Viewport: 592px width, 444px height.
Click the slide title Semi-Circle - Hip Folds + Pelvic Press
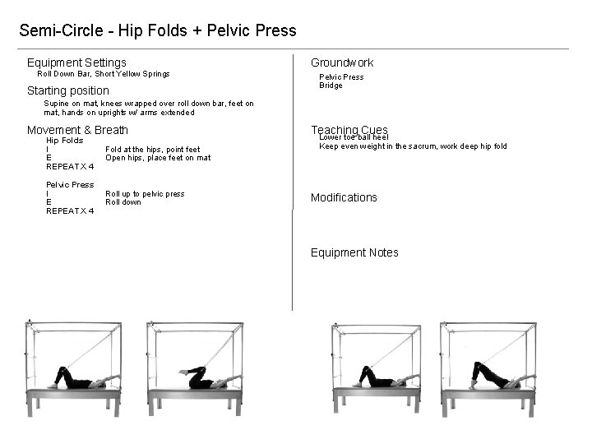click(157, 31)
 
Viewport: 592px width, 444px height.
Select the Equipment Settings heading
click(76, 62)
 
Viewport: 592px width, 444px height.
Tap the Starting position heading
click(67, 90)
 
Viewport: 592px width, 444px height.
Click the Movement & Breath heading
click(77, 130)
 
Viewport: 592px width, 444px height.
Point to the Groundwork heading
click(341, 62)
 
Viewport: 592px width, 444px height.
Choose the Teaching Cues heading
click(349, 129)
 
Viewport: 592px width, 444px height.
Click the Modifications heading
click(344, 197)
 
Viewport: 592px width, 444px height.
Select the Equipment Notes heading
click(354, 252)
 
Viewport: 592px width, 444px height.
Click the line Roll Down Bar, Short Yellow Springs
click(104, 74)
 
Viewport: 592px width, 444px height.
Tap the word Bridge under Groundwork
click(331, 86)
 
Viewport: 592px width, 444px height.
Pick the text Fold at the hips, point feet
click(152, 150)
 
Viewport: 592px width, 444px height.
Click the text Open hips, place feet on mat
click(158, 158)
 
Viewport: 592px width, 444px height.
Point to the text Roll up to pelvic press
click(145, 194)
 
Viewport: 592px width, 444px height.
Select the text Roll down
click(123, 202)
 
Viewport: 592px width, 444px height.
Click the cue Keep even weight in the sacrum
click(413, 146)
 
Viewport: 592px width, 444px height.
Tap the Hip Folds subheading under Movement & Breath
click(64, 141)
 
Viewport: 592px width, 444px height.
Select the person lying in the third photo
click(377, 379)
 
